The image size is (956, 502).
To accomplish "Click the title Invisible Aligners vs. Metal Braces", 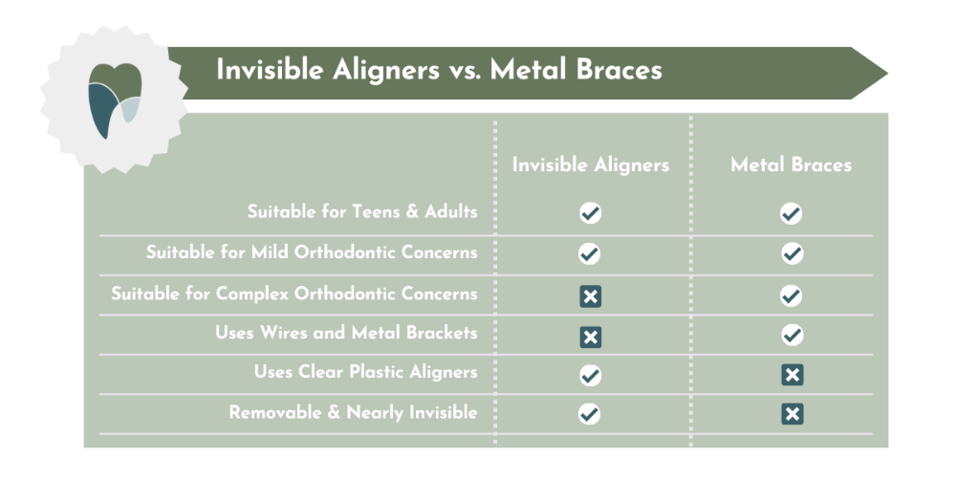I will [439, 71].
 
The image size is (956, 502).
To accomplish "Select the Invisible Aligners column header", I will [590, 164].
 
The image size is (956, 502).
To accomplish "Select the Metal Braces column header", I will [791, 164].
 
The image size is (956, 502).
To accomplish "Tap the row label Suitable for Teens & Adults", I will [361, 211].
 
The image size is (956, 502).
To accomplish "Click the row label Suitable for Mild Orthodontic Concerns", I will [311, 252].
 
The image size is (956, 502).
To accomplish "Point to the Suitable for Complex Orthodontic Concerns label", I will [293, 294].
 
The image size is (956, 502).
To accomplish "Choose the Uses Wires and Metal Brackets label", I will [345, 333].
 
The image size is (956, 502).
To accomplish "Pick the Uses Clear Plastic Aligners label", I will [365, 372].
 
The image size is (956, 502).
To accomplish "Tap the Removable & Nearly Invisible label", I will [353, 412].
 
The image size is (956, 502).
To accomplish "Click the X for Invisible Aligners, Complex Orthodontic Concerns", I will [591, 296].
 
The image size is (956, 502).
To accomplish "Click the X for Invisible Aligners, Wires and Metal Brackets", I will [591, 337].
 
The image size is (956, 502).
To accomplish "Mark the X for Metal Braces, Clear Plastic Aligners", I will [792, 375].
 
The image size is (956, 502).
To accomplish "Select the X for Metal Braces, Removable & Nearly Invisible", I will [792, 414].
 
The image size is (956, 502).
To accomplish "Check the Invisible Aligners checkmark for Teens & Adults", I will [591, 213].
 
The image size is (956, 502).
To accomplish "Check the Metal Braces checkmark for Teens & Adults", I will [792, 213].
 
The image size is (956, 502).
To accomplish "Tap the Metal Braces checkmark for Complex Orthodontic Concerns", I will [792, 295].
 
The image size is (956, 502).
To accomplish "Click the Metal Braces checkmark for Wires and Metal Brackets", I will [792, 336].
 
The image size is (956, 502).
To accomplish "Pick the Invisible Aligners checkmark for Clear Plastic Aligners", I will [591, 375].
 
